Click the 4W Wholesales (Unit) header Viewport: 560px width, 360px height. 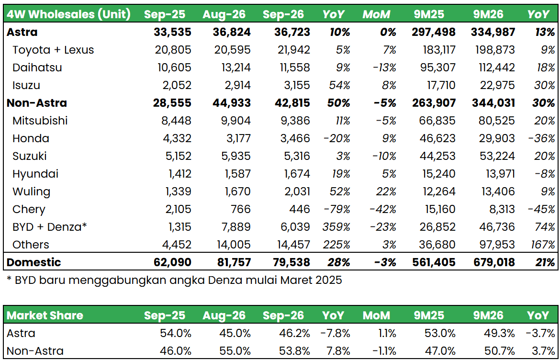click(68, 14)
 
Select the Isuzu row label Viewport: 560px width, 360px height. click(26, 85)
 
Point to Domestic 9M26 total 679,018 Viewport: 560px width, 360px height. click(492, 262)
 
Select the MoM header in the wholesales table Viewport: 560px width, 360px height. click(376, 14)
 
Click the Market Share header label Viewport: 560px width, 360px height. click(45, 315)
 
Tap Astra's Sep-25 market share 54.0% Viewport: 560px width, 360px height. click(175, 333)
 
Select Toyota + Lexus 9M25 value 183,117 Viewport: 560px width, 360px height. click(438, 50)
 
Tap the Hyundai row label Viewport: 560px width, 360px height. click(35, 174)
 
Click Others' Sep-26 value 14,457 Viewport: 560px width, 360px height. click(293, 245)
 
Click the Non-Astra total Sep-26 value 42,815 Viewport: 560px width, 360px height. click(292, 103)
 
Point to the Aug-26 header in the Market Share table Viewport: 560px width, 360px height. click(224, 315)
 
